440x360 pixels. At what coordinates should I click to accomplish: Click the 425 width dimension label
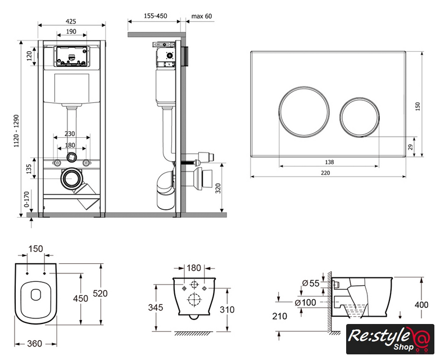click(71, 21)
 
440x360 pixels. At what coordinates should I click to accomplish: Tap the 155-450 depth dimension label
click(155, 16)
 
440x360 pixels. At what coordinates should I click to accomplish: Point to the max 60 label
click(201, 16)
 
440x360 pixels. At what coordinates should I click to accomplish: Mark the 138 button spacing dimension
click(329, 162)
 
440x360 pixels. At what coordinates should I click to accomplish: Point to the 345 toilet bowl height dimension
click(156, 308)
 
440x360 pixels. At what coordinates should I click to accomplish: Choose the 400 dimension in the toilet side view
click(421, 305)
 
